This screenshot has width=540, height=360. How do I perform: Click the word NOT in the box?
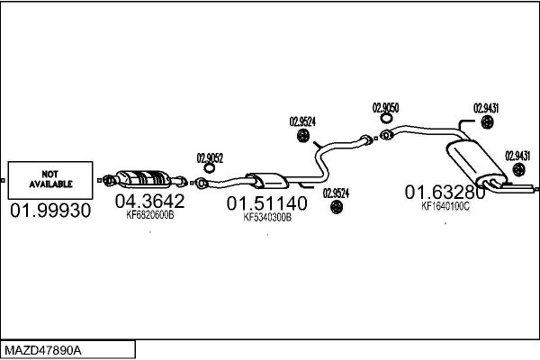[49, 174]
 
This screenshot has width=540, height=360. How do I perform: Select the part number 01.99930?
[50, 210]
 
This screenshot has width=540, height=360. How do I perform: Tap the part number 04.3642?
[149, 201]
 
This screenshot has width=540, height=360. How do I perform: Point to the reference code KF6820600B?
[150, 215]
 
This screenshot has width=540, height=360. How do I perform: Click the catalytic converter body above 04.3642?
[143, 179]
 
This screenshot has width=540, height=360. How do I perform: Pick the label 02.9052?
[210, 158]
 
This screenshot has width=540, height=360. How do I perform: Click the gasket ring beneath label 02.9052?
[209, 168]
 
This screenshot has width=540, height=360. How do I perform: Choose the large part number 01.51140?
[267, 203]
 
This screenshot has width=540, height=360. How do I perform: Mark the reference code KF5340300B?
[267, 218]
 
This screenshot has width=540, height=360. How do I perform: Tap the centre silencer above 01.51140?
[267, 181]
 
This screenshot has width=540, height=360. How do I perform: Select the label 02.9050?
[385, 108]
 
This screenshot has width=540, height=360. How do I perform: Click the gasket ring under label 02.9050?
[386, 118]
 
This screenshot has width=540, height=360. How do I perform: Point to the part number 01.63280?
[445, 193]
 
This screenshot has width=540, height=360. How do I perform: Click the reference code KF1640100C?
[445, 206]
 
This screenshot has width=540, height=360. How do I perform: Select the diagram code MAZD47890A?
[43, 351]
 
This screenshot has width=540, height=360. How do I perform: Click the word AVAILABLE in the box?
[50, 184]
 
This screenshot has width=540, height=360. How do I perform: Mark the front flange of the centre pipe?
[201, 183]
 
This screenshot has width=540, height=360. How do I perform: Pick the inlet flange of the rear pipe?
[386, 135]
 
